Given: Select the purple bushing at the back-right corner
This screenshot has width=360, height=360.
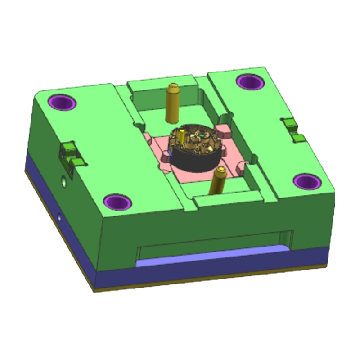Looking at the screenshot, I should (x=250, y=82).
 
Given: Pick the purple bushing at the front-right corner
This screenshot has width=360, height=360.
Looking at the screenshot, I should (x=307, y=181).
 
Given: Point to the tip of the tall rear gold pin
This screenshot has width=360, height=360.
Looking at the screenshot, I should (x=174, y=86).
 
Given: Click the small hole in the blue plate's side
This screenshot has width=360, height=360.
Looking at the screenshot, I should (x=59, y=217).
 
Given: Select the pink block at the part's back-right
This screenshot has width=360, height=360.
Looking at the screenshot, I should (x=223, y=131).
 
